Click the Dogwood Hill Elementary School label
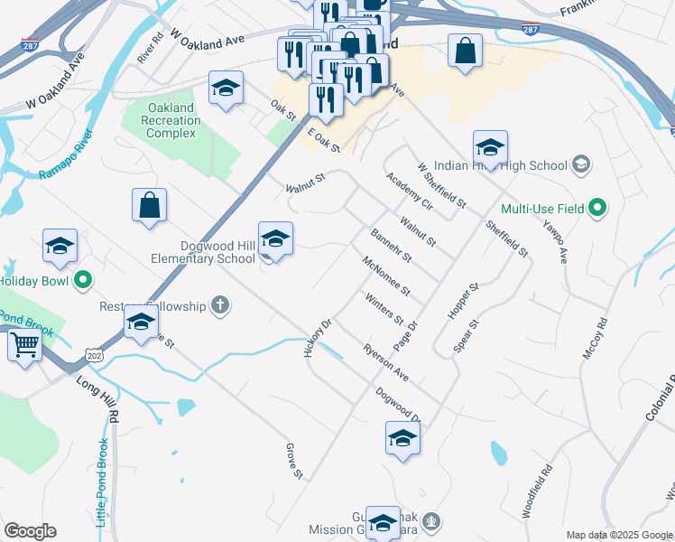tap(204, 251)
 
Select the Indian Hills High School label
tap(502, 165)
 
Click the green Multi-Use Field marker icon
tap(597, 209)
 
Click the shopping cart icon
tap(24, 344)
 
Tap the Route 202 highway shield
tap(96, 359)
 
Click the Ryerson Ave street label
tap(386, 361)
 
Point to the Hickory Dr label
tap(319, 337)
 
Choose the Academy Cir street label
tap(410, 191)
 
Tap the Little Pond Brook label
tap(103, 482)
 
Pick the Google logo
tap(30, 531)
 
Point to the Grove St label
tap(291, 460)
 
